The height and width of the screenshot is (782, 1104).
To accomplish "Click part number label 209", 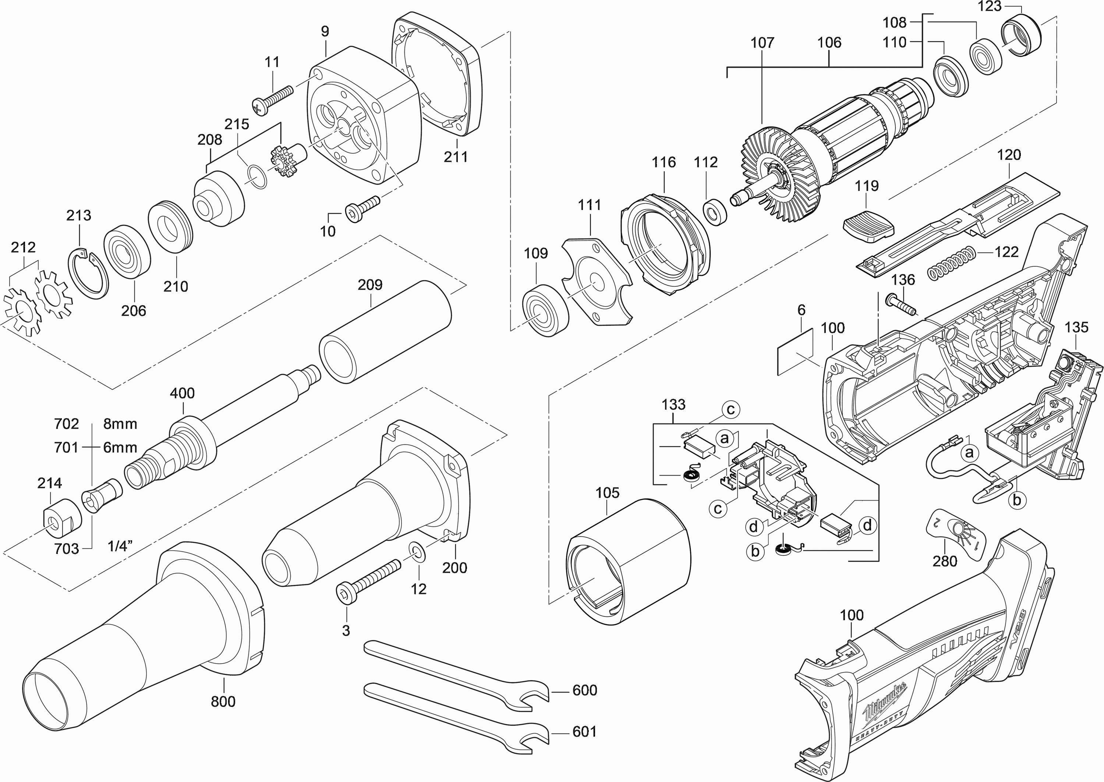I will click(370, 285).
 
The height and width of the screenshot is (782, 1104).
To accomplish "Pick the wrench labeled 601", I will click(455, 712).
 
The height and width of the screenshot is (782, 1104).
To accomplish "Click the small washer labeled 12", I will click(417, 552).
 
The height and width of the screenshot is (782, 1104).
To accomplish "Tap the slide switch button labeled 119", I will click(868, 228).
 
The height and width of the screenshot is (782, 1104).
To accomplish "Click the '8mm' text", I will click(120, 424).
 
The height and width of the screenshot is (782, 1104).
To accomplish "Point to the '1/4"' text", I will click(120, 546).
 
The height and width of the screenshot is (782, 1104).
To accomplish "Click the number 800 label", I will click(223, 701).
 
